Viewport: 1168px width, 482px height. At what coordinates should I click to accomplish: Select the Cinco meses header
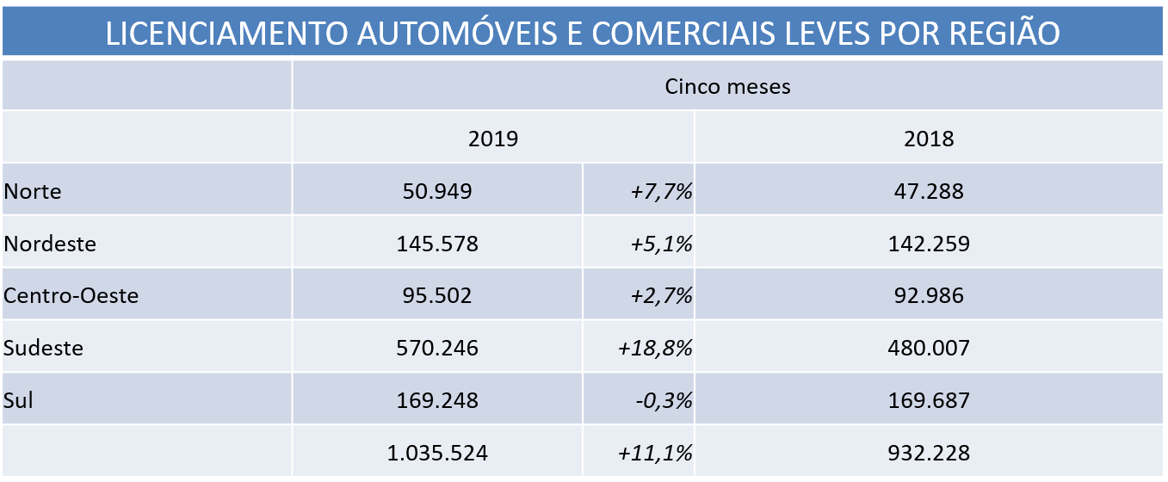point(727,86)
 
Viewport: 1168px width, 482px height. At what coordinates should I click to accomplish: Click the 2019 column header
point(493,139)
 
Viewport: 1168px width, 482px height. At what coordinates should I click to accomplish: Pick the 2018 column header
point(929,139)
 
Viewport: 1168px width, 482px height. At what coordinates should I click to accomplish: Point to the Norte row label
point(33,191)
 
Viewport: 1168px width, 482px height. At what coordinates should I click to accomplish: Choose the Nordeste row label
point(50,244)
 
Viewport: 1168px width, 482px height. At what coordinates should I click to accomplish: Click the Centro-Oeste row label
point(71,296)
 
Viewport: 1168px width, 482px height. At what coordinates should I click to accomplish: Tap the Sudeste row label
point(44,348)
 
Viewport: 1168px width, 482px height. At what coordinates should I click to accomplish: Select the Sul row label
point(19,400)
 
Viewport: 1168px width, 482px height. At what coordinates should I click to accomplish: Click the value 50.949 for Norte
point(437,191)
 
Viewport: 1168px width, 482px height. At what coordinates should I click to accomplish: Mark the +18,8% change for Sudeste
point(655,348)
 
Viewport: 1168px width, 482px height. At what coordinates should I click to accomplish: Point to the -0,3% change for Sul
point(662,400)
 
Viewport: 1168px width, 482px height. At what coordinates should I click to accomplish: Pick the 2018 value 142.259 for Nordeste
point(929,244)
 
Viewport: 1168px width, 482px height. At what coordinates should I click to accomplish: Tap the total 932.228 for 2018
point(929,453)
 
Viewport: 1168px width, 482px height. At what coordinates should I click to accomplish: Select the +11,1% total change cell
point(655,453)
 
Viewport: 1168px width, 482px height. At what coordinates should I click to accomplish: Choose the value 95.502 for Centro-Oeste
point(437,296)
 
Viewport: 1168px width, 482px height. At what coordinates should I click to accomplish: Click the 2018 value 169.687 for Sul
point(929,400)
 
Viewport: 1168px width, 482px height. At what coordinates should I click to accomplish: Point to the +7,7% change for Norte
point(660,191)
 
